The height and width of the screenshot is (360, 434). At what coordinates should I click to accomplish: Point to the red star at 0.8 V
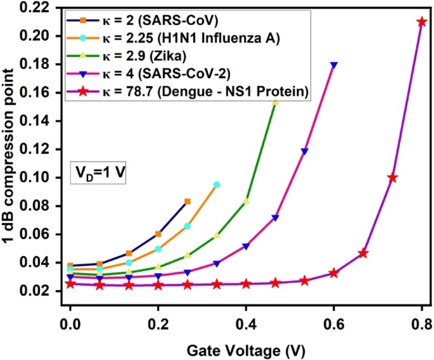(x=422, y=22)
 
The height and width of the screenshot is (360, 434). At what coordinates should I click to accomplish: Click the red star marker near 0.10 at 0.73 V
(x=392, y=177)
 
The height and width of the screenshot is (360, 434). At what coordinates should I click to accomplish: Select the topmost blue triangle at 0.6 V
(x=334, y=65)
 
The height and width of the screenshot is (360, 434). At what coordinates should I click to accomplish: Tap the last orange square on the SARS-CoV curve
(x=188, y=202)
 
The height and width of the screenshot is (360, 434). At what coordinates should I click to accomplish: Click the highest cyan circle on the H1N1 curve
(x=217, y=184)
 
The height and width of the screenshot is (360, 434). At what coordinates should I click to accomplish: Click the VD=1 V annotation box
(x=98, y=172)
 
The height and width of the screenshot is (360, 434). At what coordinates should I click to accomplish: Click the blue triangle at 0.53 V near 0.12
(x=305, y=151)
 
